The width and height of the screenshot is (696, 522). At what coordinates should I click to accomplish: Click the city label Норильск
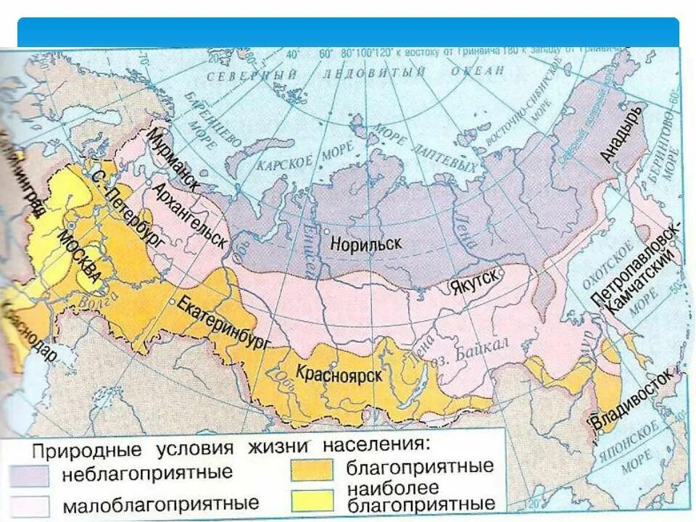366,244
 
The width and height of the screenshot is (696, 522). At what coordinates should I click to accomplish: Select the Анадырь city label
623,134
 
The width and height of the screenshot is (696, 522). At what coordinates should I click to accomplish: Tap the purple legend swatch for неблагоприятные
30,476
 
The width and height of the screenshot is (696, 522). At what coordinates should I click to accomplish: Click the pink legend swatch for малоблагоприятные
30,505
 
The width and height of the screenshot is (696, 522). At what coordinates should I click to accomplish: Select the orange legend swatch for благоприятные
312,469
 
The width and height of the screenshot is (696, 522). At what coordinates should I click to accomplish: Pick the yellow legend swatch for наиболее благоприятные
312,500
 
